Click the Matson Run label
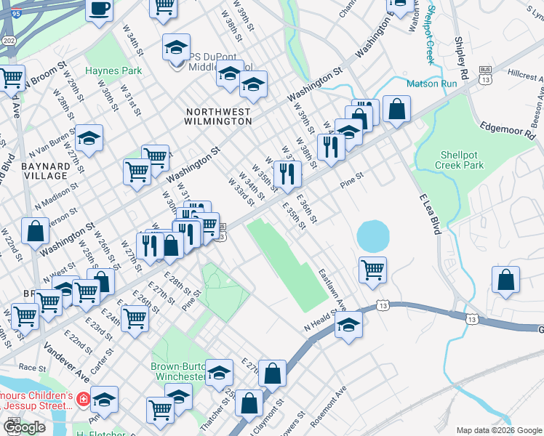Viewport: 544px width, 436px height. click(431, 84)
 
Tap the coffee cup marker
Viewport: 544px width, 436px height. click(100, 10)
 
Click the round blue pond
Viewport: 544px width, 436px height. click(373, 236)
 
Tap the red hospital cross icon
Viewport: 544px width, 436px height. click(84, 399)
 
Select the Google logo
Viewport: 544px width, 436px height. click(25, 427)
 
